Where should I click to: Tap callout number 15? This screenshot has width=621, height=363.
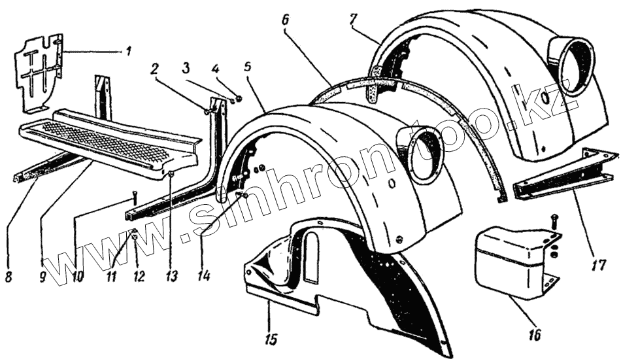tap(271, 339)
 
